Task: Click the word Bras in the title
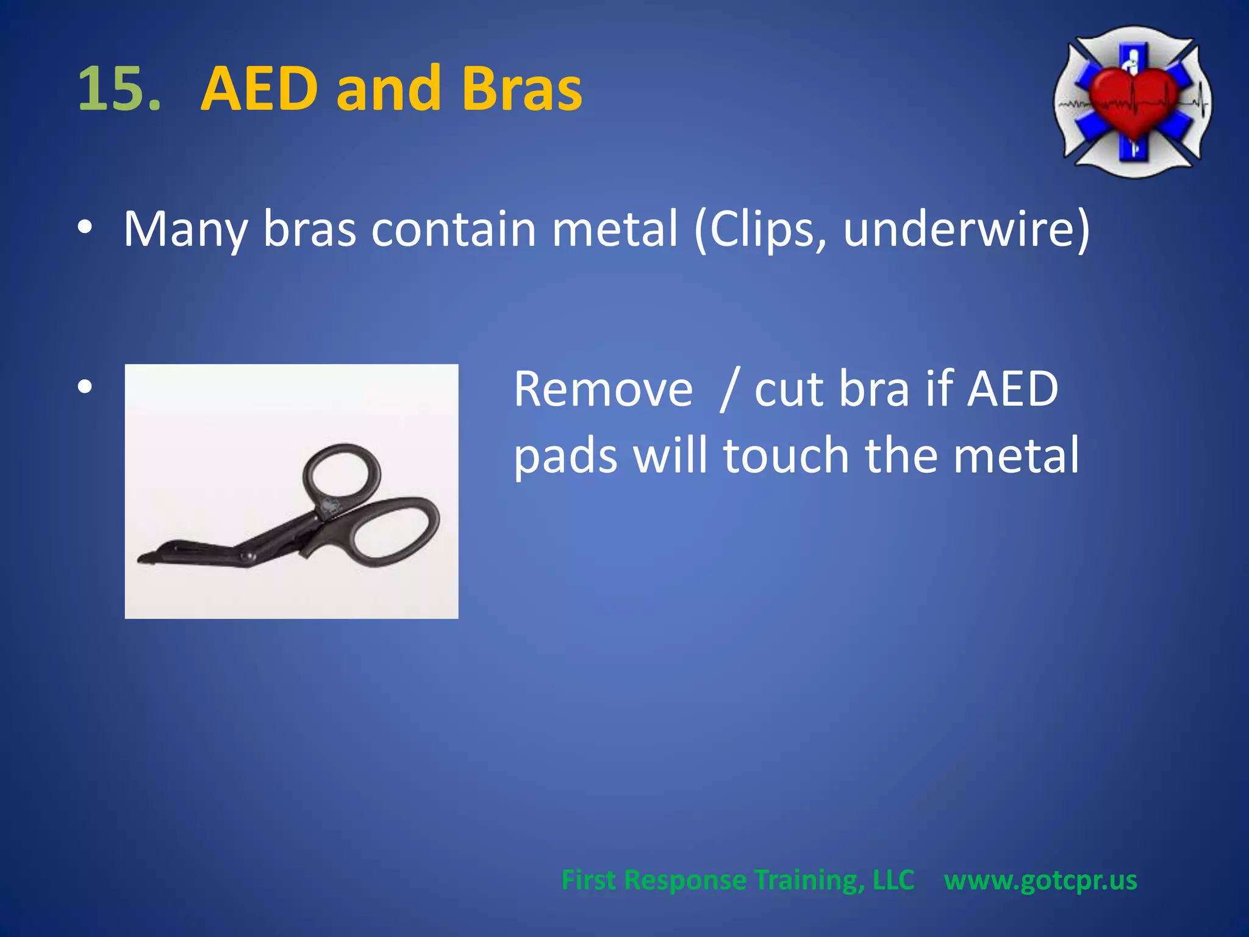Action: [521, 89]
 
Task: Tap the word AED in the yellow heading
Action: [260, 89]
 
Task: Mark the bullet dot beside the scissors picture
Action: [85, 386]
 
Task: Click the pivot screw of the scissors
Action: [247, 556]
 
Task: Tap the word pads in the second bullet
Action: [565, 456]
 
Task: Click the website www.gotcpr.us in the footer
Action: [1040, 880]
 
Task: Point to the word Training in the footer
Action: [809, 880]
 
